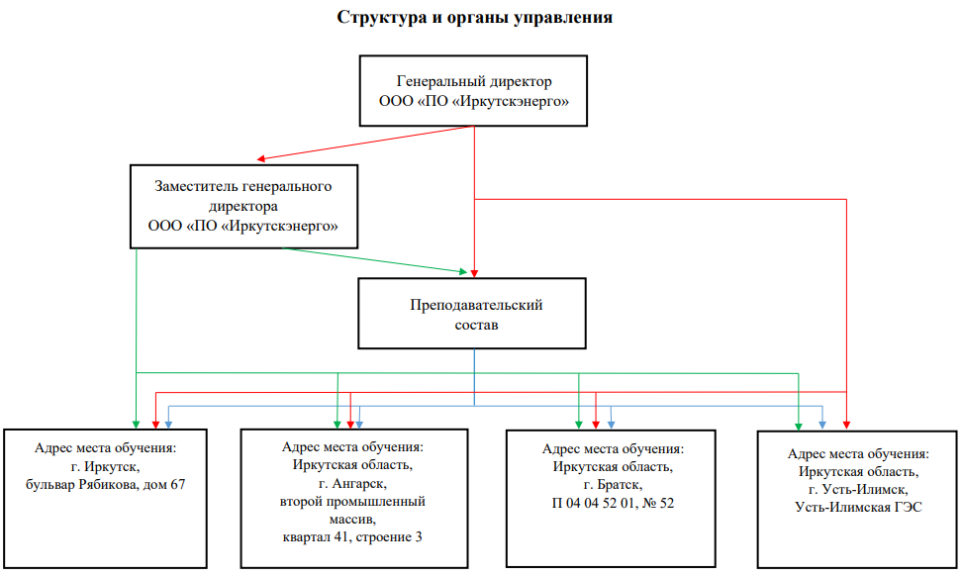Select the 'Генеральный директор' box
474,91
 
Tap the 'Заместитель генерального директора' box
242,206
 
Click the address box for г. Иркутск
105,497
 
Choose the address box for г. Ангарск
352,497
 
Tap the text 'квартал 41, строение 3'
352,536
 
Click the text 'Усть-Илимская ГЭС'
858,507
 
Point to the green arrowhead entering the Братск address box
580,424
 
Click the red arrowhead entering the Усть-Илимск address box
847,424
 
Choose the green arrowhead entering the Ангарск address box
338,424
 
